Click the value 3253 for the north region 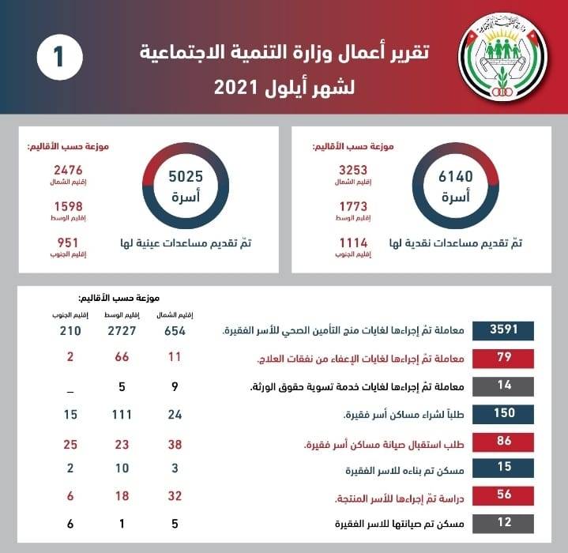point(354,170)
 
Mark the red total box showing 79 point(503,359)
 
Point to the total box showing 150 point(503,413)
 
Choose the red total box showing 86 point(503,441)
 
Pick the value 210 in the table point(70,330)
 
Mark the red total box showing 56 point(503,495)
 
